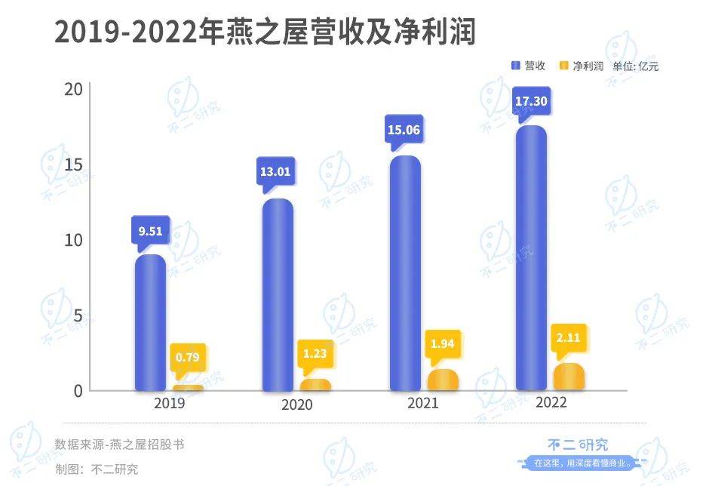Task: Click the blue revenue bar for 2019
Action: (150, 323)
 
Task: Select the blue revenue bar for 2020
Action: (278, 295)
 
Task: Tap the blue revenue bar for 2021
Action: (406, 273)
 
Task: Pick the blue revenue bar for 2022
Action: (532, 258)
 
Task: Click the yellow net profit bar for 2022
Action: (569, 377)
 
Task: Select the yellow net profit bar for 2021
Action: (443, 380)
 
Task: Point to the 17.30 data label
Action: (531, 100)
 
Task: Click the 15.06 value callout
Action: (404, 130)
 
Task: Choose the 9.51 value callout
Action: (150, 232)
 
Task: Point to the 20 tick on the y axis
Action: (73, 89)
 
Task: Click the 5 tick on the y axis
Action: (77, 315)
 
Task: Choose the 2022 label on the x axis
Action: (551, 402)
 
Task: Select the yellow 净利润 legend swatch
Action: (563, 66)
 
